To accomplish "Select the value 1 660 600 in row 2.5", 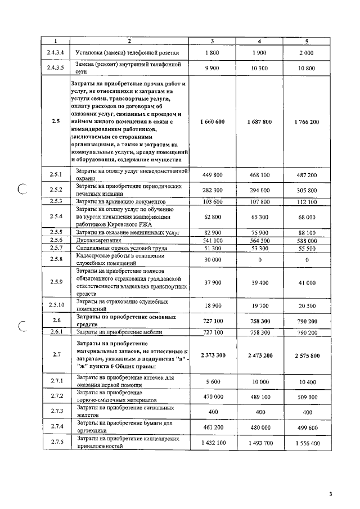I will [212, 121].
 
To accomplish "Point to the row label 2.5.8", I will [55, 275].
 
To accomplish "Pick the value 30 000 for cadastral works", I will [212, 276].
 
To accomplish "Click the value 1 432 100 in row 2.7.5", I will [212, 443].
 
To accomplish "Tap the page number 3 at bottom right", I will [331, 493].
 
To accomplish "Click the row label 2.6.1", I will [55, 332].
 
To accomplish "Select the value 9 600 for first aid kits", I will [212, 381].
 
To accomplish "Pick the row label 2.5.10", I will [55, 305].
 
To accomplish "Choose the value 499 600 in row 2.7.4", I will [307, 427].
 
